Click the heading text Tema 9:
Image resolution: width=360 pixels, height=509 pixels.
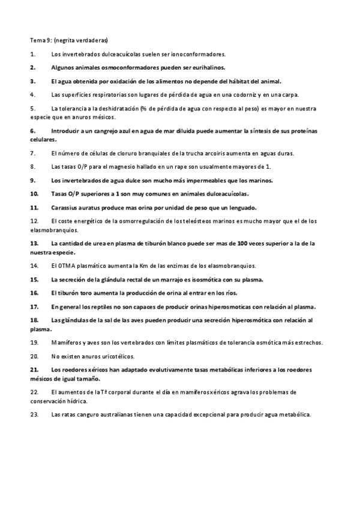coord(41,40)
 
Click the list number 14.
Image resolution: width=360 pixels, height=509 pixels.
coord(34,265)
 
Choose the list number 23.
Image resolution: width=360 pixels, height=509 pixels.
coord(34,414)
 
